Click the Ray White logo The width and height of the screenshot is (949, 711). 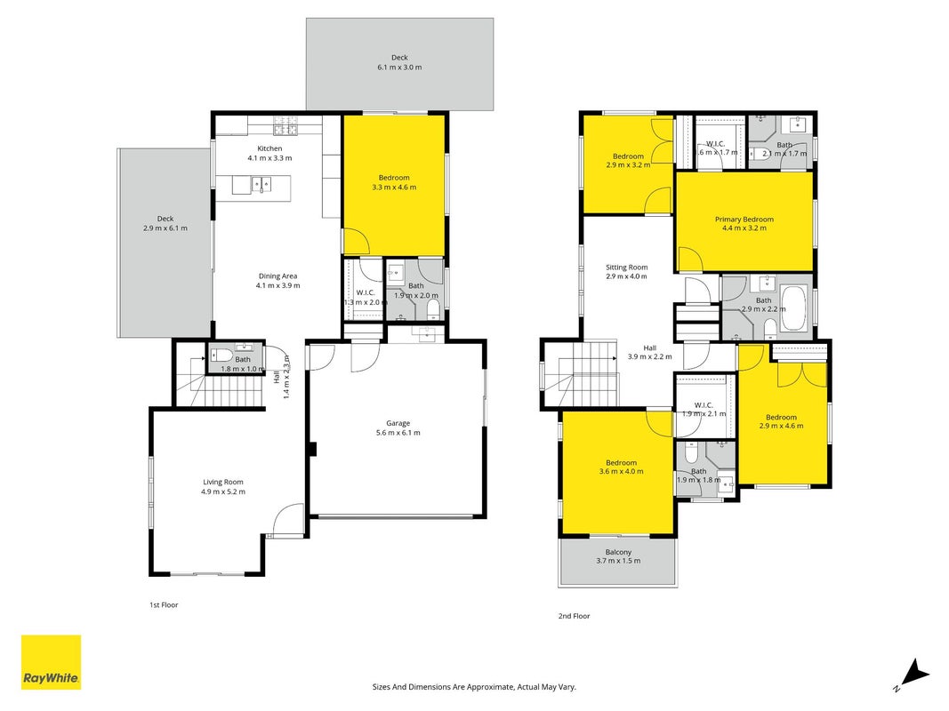click(51, 662)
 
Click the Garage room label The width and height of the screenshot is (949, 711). click(398, 423)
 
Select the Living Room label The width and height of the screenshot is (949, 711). click(223, 482)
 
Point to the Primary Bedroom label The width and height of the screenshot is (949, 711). click(744, 220)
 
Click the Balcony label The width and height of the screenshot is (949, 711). click(618, 552)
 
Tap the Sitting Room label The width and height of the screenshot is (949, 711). click(627, 268)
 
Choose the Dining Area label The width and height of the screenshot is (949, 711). click(277, 276)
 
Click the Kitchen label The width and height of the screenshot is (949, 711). click(269, 148)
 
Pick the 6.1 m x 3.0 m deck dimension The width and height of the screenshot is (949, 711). click(399, 68)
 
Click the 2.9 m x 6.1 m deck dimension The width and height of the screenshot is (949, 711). click(165, 228)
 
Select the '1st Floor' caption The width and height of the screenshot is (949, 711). click(164, 604)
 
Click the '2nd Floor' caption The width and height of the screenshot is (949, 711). click(574, 616)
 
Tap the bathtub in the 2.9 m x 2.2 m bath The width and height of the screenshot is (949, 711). click(793, 309)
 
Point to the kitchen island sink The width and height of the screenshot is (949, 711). click(262, 184)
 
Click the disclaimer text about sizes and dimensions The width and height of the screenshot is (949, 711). click(474, 687)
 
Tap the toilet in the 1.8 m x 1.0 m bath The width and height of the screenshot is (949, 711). click(221, 355)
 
